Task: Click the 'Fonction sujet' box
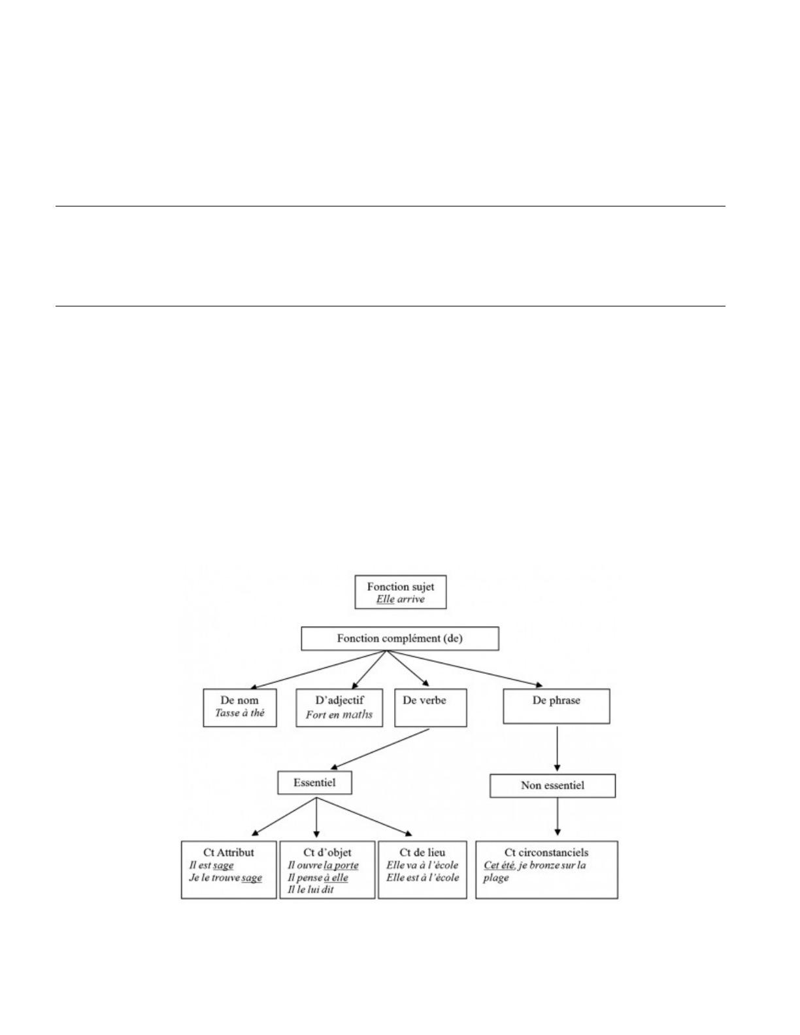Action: coord(400,591)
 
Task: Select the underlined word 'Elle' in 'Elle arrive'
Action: coord(385,599)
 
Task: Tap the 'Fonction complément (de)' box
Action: coord(400,638)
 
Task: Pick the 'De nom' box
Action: coord(240,707)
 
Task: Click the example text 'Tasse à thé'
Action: coord(240,713)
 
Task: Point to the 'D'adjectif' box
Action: coord(339,707)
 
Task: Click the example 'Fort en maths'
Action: coord(339,714)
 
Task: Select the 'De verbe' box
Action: coord(431,707)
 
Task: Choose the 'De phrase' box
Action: coord(556,706)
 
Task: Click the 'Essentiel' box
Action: coord(314,783)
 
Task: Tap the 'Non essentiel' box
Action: coord(553,785)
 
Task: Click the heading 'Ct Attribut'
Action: coord(229,852)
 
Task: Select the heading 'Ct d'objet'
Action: coord(327,852)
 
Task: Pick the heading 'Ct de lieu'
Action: coord(422,852)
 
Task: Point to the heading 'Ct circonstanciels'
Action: coord(546,852)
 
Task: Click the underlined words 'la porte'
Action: coord(341,865)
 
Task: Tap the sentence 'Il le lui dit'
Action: coord(310,889)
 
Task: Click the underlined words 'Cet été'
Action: coord(499,865)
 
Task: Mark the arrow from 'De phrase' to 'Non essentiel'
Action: coord(557,749)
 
